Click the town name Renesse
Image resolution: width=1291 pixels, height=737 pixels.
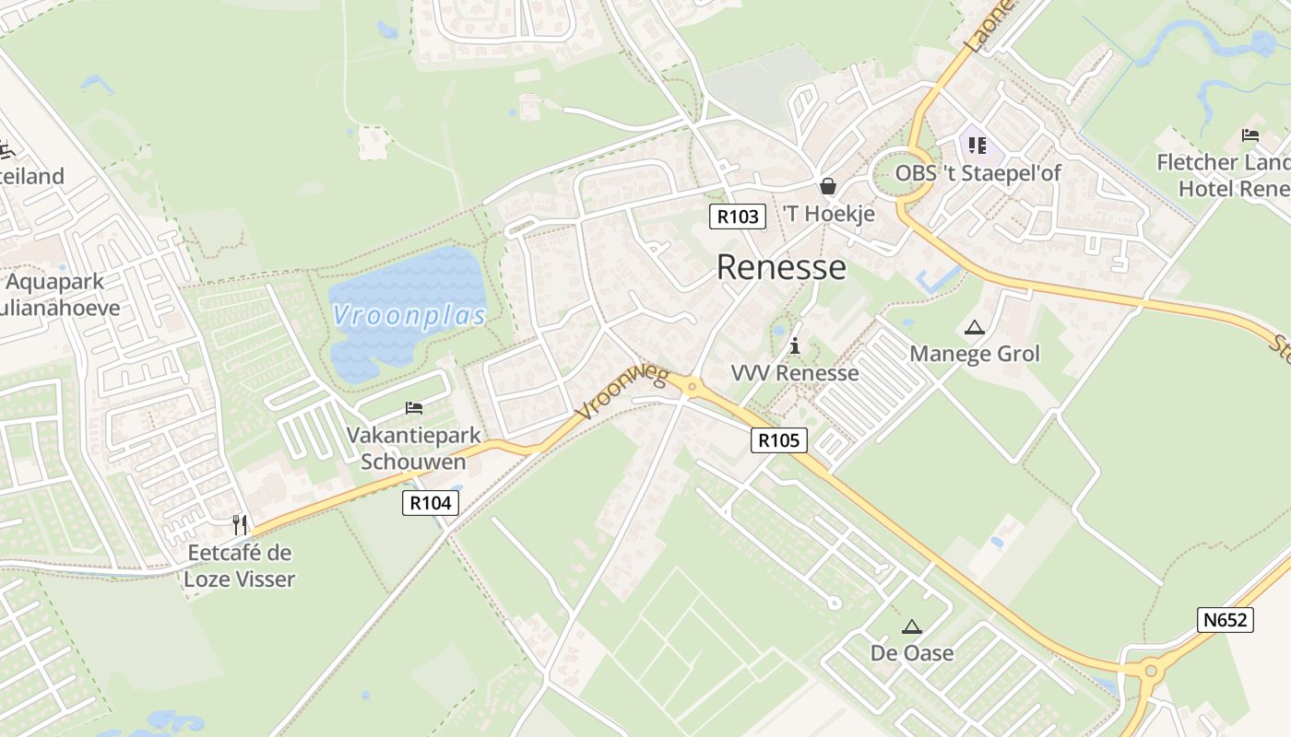coord(781,267)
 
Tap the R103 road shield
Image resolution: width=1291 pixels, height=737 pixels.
coord(738,216)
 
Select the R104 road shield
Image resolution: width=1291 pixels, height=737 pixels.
coord(431,503)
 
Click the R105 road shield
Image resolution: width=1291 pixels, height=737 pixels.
coord(779,440)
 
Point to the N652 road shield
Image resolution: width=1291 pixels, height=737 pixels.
coord(1226,620)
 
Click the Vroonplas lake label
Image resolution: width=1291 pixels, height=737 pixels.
coord(409,316)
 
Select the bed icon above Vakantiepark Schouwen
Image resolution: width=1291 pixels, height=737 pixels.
coord(414,407)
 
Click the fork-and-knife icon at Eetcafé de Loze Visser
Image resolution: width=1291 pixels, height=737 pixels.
coord(240,525)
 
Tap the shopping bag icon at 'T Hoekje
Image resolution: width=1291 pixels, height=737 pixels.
coord(828,187)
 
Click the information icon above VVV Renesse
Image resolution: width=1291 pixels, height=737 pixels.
coord(795,346)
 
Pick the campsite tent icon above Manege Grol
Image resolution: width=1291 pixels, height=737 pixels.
coord(974,327)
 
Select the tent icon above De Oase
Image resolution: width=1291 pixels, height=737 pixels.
coord(912,627)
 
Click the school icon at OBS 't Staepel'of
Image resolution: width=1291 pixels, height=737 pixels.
coord(977,146)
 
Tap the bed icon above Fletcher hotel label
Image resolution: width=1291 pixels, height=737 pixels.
coord(1250,135)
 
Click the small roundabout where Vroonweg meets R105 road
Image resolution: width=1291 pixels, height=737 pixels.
coord(692,387)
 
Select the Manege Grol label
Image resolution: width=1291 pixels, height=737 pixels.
coord(975,354)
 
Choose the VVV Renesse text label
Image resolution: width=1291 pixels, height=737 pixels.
coord(795,373)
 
